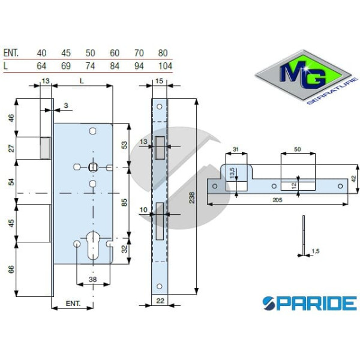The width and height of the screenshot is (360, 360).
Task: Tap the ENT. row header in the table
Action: pos(11,53)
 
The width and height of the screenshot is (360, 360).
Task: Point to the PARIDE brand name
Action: pos(309,303)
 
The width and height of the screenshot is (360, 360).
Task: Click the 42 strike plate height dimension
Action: pos(353,178)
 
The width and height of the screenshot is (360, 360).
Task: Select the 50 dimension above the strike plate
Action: pos(298,149)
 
